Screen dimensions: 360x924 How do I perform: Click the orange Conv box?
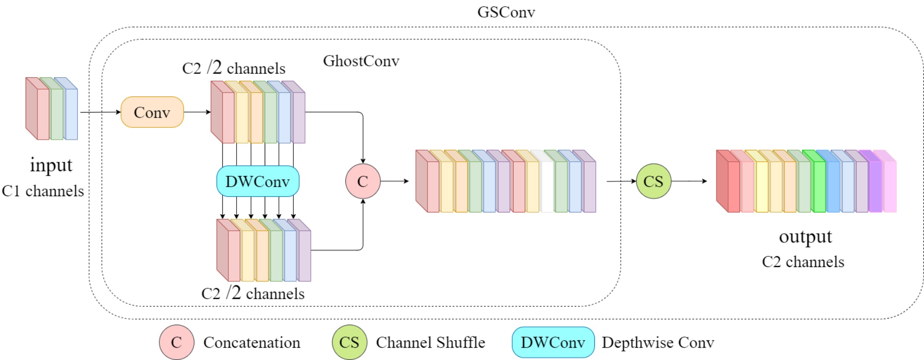coord(152,112)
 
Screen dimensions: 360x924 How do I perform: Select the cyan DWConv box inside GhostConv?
coord(257,181)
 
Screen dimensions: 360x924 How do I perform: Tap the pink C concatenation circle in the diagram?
coord(363,181)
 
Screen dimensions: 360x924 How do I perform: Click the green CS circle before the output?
coord(653,181)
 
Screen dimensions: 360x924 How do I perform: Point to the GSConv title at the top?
coord(506,12)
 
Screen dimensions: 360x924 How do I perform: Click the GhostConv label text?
coord(361,61)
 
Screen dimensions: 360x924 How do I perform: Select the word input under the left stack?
coord(51,165)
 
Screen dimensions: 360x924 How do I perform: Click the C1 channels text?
coord(43,191)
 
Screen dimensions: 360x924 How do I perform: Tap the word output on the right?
coord(805,237)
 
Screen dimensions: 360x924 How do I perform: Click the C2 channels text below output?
coord(803,262)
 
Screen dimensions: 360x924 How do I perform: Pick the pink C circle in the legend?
coord(176,342)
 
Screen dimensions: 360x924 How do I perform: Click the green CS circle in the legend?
coord(349,342)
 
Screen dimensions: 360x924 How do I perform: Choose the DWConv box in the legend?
coord(553,342)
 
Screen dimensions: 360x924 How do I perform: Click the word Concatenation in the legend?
coord(251,342)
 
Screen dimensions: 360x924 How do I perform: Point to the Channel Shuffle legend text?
coord(430,342)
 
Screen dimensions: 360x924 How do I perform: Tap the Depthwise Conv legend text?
coord(657,342)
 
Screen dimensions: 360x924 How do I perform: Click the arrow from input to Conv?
coord(100,112)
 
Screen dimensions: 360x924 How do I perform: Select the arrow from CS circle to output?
coord(689,181)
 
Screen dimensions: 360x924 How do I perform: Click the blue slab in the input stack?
coord(71,114)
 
